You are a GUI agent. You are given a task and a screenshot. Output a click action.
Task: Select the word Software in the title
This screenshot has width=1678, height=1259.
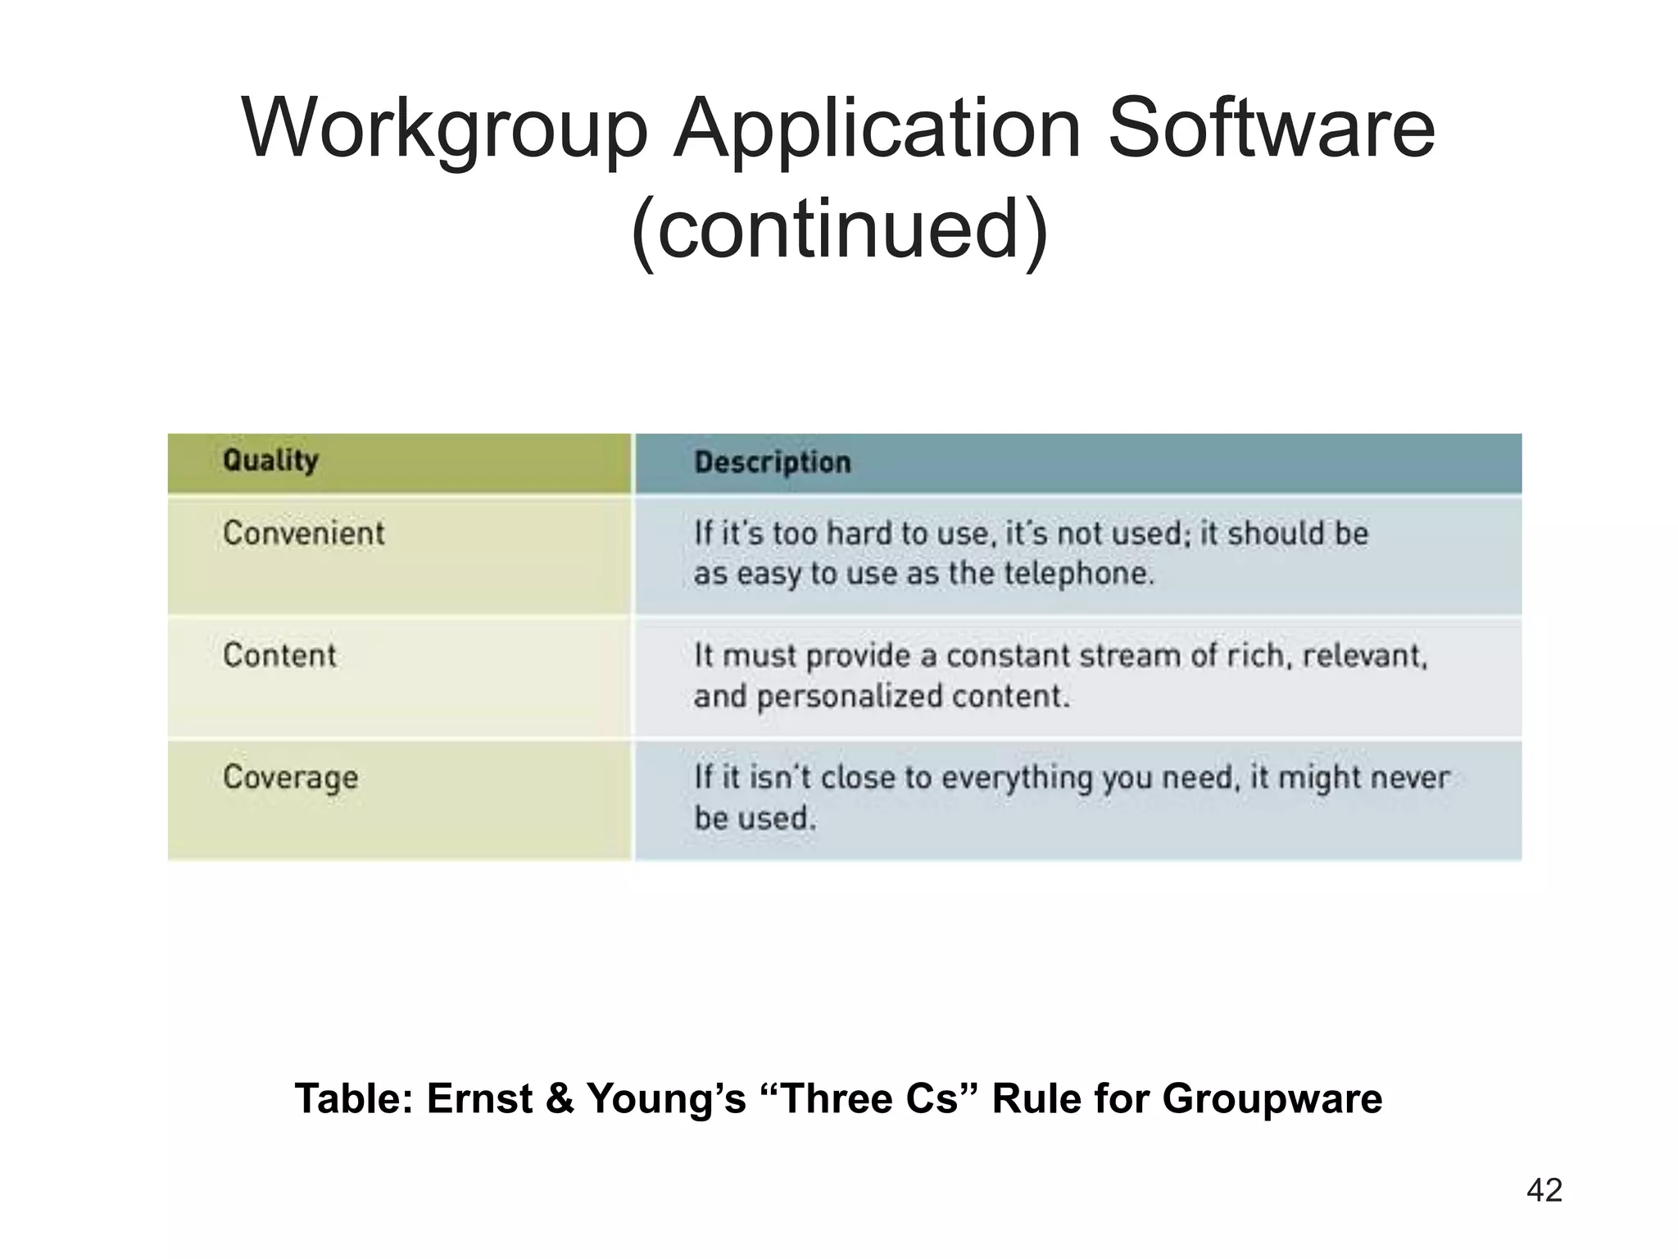[1271, 130]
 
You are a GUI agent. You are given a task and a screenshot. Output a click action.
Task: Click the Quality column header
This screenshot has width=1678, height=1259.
[270, 461]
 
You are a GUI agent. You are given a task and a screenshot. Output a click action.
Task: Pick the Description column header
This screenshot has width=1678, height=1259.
[773, 462]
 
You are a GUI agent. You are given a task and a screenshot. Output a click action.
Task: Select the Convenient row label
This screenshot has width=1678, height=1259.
[303, 534]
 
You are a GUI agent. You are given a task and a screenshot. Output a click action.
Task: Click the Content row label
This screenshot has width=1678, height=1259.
[279, 656]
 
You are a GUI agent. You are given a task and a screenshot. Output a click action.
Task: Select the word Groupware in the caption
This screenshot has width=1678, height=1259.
[1272, 1099]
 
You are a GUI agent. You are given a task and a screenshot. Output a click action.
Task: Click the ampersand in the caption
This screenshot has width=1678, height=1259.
[560, 1099]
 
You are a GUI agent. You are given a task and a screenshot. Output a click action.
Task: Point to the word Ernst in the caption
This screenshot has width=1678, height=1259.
[480, 1099]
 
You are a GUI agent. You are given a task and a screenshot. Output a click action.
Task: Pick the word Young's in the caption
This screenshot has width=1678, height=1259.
[665, 1099]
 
